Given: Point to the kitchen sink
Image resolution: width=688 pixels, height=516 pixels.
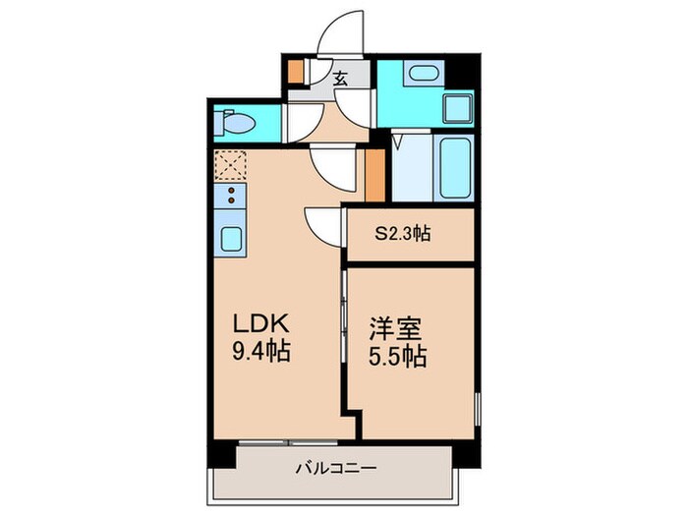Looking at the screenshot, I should (232, 239).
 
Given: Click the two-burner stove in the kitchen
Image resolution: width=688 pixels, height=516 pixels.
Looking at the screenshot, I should (232, 194).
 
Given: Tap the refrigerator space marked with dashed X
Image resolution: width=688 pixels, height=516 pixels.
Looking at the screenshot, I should (232, 163).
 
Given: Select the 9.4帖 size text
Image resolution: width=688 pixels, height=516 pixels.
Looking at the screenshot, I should (260, 351).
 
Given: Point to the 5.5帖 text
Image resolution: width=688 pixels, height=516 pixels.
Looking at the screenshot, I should (397, 356).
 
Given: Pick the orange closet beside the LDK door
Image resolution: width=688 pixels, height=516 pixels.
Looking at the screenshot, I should (373, 174).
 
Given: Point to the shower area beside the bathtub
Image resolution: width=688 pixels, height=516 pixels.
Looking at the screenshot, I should (411, 169).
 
